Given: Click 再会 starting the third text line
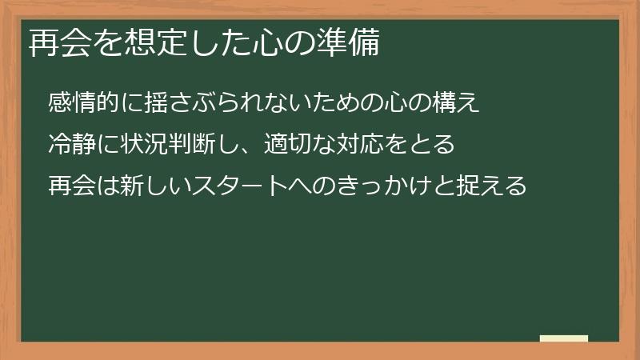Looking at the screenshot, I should click(70, 186).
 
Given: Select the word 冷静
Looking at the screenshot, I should click(70, 145).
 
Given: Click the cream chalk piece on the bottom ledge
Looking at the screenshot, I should click(564, 338).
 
